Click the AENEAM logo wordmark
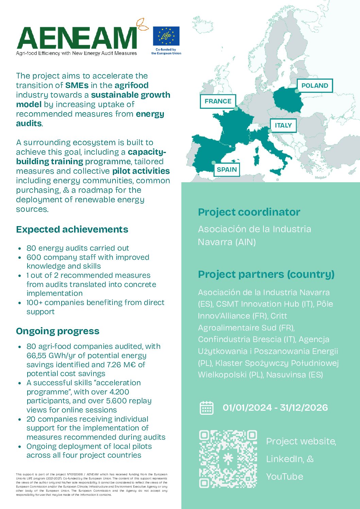77,38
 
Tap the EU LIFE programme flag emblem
166,36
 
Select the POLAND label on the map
315,86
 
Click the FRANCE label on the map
218,101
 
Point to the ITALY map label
283,125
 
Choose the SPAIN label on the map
227,170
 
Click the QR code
228,459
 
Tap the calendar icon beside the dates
206,408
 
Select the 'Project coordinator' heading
249,212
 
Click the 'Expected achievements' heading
72,230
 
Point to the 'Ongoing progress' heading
58,331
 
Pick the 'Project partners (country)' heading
266,274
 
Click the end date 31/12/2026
304,408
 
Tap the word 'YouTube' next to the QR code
285,477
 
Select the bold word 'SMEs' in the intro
76,85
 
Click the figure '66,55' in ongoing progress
37,356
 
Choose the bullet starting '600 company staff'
88,262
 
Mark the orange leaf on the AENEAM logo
142,25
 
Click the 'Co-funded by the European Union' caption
166,51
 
